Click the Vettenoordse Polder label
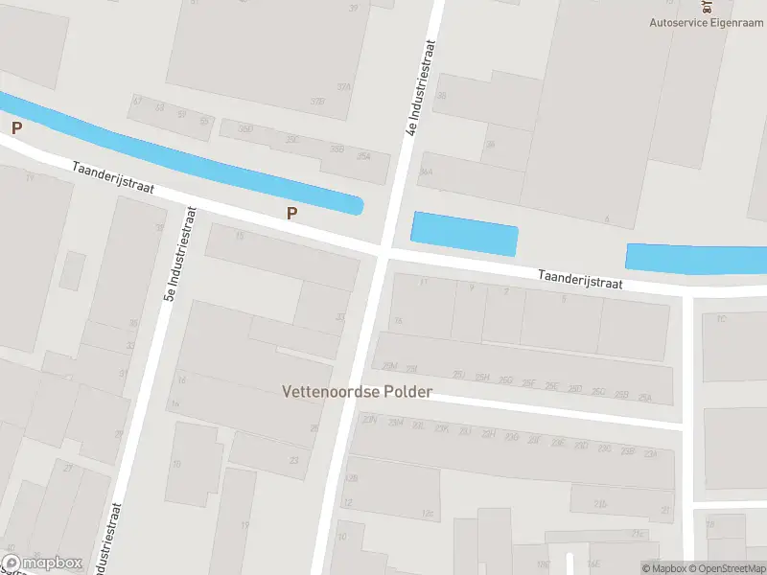click(x=357, y=392)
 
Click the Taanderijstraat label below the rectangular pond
click(x=580, y=279)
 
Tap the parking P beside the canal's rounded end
click(x=291, y=214)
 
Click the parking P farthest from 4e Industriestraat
click(x=15, y=127)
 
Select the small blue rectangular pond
click(x=464, y=233)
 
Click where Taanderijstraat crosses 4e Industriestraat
click(x=382, y=252)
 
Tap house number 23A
click(x=651, y=453)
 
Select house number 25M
click(x=389, y=366)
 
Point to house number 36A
click(x=427, y=172)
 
